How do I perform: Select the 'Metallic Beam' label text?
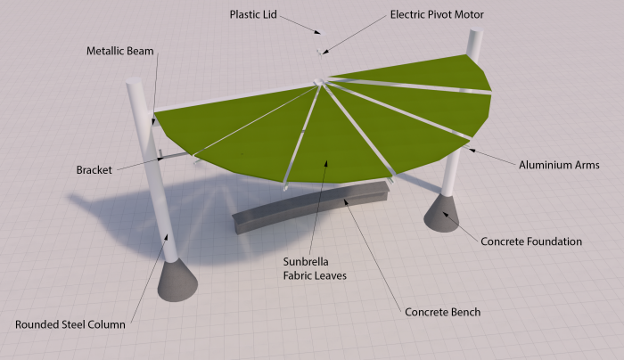(x=120, y=51)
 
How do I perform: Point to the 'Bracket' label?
(x=94, y=169)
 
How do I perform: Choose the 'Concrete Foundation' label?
(x=531, y=241)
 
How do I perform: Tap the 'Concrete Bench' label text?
(x=443, y=312)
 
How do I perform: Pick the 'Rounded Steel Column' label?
(x=70, y=324)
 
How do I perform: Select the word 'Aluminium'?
(x=546, y=165)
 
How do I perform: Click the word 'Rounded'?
(x=39, y=324)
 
